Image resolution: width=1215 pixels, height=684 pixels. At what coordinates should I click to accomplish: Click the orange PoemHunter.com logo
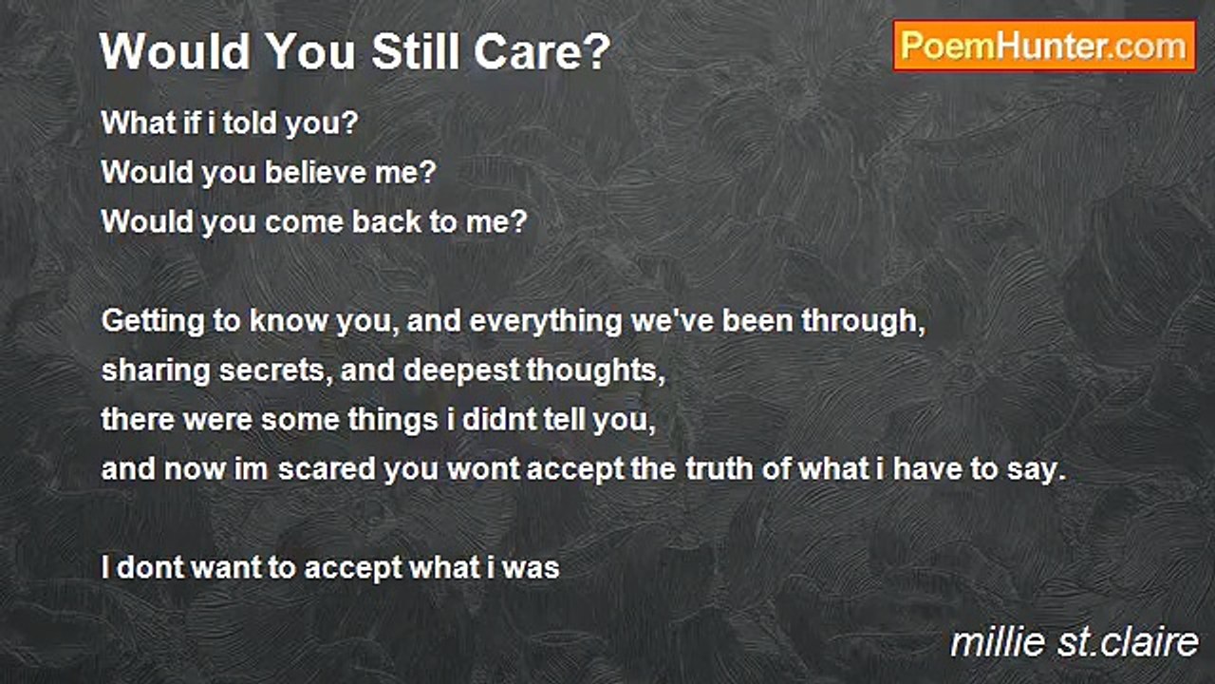click(x=1044, y=47)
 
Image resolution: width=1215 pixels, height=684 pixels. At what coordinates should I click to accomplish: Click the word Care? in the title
click(x=542, y=51)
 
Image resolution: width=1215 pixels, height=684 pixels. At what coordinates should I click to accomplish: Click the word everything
click(x=545, y=321)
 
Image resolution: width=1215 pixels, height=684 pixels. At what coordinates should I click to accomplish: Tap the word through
click(x=864, y=321)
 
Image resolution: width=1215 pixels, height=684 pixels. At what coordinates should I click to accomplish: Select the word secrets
click(x=275, y=370)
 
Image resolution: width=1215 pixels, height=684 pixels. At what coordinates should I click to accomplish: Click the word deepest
click(x=461, y=371)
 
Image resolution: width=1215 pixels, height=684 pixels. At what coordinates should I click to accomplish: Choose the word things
click(x=393, y=421)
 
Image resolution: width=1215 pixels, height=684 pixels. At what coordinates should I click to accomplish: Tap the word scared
click(x=327, y=469)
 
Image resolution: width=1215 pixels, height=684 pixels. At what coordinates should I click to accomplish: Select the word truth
click(x=720, y=469)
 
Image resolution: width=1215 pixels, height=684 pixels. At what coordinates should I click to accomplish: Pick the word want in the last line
click(x=226, y=568)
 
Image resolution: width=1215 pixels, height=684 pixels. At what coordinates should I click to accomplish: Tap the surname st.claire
click(x=1127, y=643)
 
